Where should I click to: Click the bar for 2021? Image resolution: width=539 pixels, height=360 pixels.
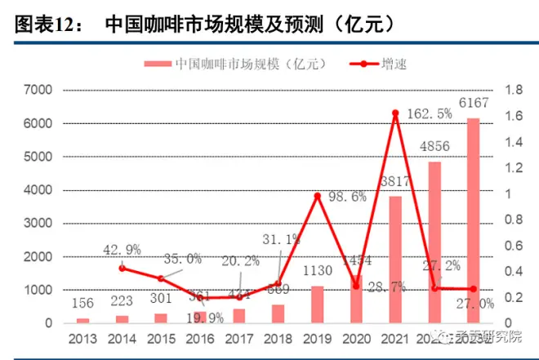[x=395, y=260]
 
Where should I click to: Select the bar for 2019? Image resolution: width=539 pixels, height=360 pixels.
[x=317, y=304]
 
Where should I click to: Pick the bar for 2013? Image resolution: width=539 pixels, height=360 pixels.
[x=83, y=320]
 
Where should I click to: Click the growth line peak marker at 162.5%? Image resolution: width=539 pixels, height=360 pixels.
[x=395, y=113]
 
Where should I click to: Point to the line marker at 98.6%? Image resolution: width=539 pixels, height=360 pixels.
[x=317, y=196]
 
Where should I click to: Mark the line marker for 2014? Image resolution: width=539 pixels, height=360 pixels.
[x=122, y=268]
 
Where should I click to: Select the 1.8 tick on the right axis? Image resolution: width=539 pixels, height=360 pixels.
[x=514, y=90]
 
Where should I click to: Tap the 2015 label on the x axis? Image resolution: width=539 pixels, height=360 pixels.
[x=161, y=339]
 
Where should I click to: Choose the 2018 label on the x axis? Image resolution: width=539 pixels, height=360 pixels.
[x=278, y=339]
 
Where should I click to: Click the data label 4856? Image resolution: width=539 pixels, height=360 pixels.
[x=434, y=148]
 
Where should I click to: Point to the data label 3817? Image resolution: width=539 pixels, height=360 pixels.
[x=400, y=181]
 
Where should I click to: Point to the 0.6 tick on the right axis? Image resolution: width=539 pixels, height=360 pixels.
[x=514, y=246]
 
